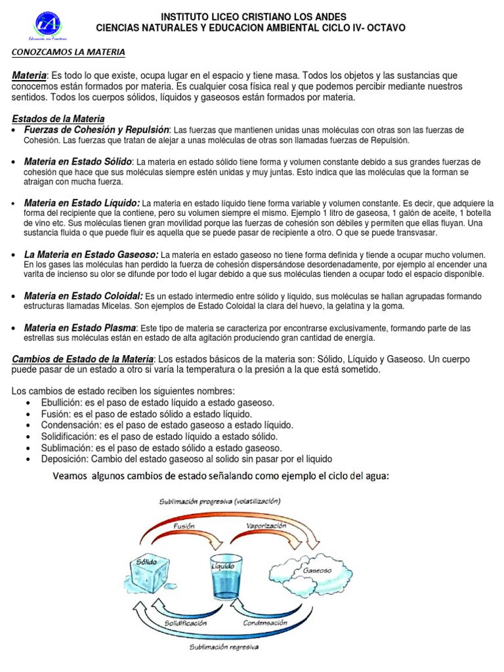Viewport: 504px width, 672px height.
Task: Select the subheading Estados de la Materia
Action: (x=58, y=119)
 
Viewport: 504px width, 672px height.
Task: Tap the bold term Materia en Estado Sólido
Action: (x=78, y=161)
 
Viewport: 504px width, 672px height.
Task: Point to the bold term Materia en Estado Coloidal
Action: (x=83, y=296)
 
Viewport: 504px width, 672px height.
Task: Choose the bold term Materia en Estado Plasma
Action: (x=80, y=327)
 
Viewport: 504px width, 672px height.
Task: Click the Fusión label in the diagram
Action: (x=184, y=526)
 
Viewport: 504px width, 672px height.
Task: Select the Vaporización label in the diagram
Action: (x=266, y=526)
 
